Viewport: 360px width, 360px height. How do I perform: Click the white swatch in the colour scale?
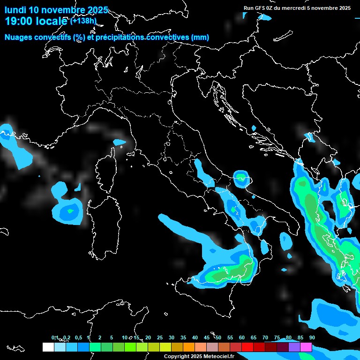[x=48, y=347]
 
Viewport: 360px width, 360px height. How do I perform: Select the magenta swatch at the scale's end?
[x=306, y=347]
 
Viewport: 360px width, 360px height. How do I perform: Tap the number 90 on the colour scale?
[x=312, y=337]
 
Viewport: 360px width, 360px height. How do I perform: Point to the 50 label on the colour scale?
[x=218, y=337]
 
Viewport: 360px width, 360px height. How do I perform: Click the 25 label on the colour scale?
[x=160, y=337]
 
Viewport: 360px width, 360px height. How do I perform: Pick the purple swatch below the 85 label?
[x=294, y=347]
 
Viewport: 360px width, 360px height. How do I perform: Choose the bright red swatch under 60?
[x=247, y=347]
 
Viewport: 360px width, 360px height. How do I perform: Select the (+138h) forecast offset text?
[x=83, y=21]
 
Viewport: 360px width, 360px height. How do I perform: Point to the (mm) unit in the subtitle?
[x=200, y=37]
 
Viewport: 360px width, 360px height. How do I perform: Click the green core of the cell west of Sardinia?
[x=70, y=210]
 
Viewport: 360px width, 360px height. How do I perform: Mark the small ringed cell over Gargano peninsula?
[x=241, y=177]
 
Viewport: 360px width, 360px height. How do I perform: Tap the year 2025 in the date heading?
[x=98, y=10]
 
